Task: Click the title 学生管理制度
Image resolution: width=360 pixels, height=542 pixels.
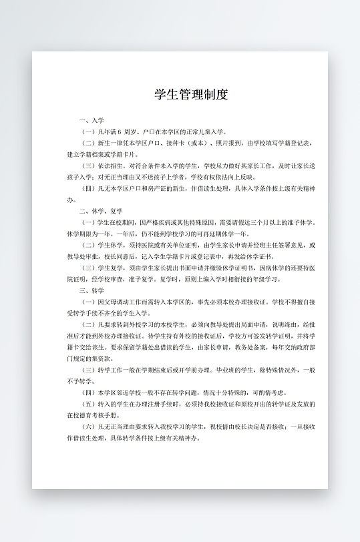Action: click(191, 94)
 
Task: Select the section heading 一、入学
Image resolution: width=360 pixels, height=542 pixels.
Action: click(92, 120)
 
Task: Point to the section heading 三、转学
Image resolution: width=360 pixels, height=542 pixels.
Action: click(92, 290)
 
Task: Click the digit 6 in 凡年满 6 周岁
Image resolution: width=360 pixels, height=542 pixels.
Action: click(119, 131)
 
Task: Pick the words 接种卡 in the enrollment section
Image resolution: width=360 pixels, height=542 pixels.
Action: click(176, 143)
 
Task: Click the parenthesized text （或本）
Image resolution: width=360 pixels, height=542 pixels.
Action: click(199, 143)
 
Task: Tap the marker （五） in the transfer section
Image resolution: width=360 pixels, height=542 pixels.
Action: click(89, 404)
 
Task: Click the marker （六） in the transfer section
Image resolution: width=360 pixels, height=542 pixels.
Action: click(89, 427)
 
